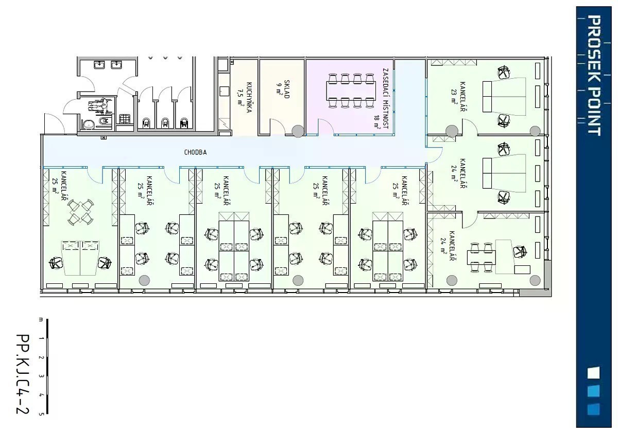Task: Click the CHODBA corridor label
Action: tap(195, 152)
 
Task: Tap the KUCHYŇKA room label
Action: tap(249, 98)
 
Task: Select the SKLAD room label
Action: tap(287, 89)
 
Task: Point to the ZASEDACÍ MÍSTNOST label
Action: tap(385, 99)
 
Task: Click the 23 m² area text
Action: tap(453, 96)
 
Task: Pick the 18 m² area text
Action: tap(376, 121)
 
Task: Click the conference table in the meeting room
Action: tap(351, 91)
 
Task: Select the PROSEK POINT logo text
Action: tap(594, 75)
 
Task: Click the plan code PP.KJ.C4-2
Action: tap(23, 374)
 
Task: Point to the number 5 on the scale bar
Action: tap(41, 414)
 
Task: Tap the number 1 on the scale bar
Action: tap(41, 338)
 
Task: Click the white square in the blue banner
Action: tap(593, 372)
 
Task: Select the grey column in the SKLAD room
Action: tap(298, 131)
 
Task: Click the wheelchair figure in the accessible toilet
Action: tap(99, 105)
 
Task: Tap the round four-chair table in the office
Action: tap(80, 212)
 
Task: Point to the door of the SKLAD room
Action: tap(277, 126)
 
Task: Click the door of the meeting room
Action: tap(325, 126)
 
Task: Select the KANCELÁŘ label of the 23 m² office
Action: tap(462, 96)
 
